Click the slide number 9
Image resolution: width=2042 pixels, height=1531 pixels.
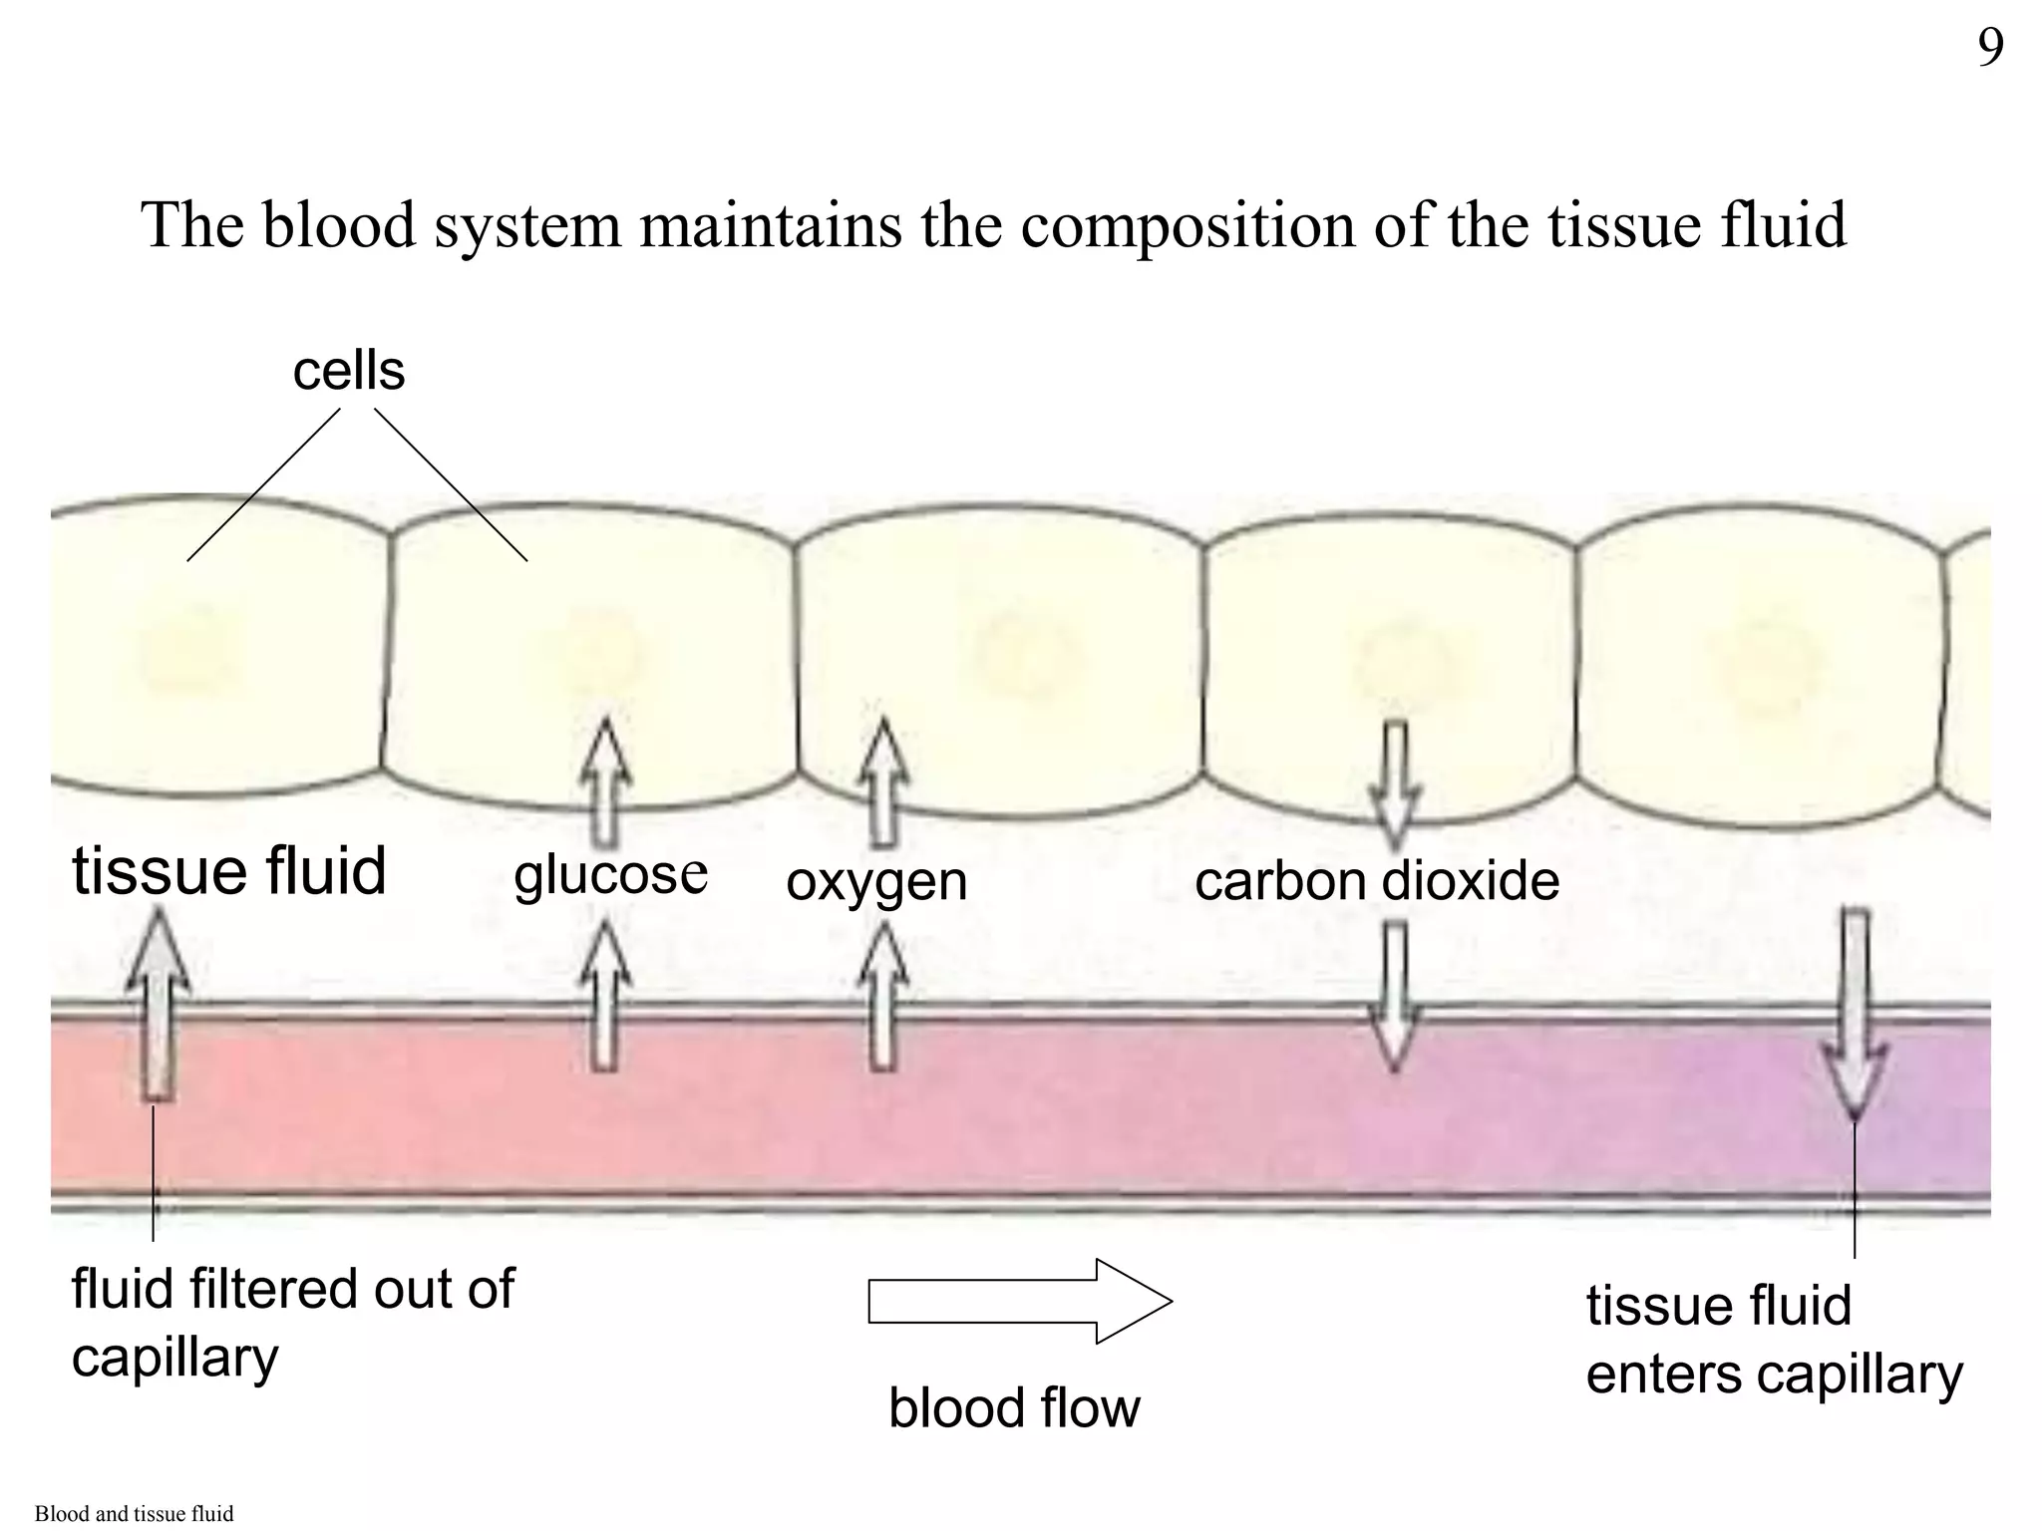click(1990, 48)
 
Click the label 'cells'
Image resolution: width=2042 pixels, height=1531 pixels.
click(348, 371)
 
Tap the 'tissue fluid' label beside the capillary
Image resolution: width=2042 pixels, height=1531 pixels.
click(228, 870)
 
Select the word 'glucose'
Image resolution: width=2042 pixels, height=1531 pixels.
click(610, 875)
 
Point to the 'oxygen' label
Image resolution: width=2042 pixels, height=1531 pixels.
click(876, 881)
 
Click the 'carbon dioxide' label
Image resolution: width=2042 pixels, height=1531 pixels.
click(1376, 881)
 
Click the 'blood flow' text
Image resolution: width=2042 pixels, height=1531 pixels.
click(1014, 1407)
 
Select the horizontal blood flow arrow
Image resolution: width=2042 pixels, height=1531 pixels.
click(1019, 1301)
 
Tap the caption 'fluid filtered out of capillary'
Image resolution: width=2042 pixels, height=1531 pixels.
click(292, 1323)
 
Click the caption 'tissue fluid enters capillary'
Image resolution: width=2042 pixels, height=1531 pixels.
click(1773, 1340)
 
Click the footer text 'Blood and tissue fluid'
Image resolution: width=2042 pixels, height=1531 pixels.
click(134, 1514)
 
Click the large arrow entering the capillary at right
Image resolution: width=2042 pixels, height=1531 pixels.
click(1854, 1012)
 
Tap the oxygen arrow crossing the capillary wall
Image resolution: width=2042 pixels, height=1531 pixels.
click(882, 997)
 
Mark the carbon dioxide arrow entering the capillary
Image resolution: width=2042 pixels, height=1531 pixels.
click(1395, 997)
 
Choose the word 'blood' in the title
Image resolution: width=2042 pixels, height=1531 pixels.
click(338, 225)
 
